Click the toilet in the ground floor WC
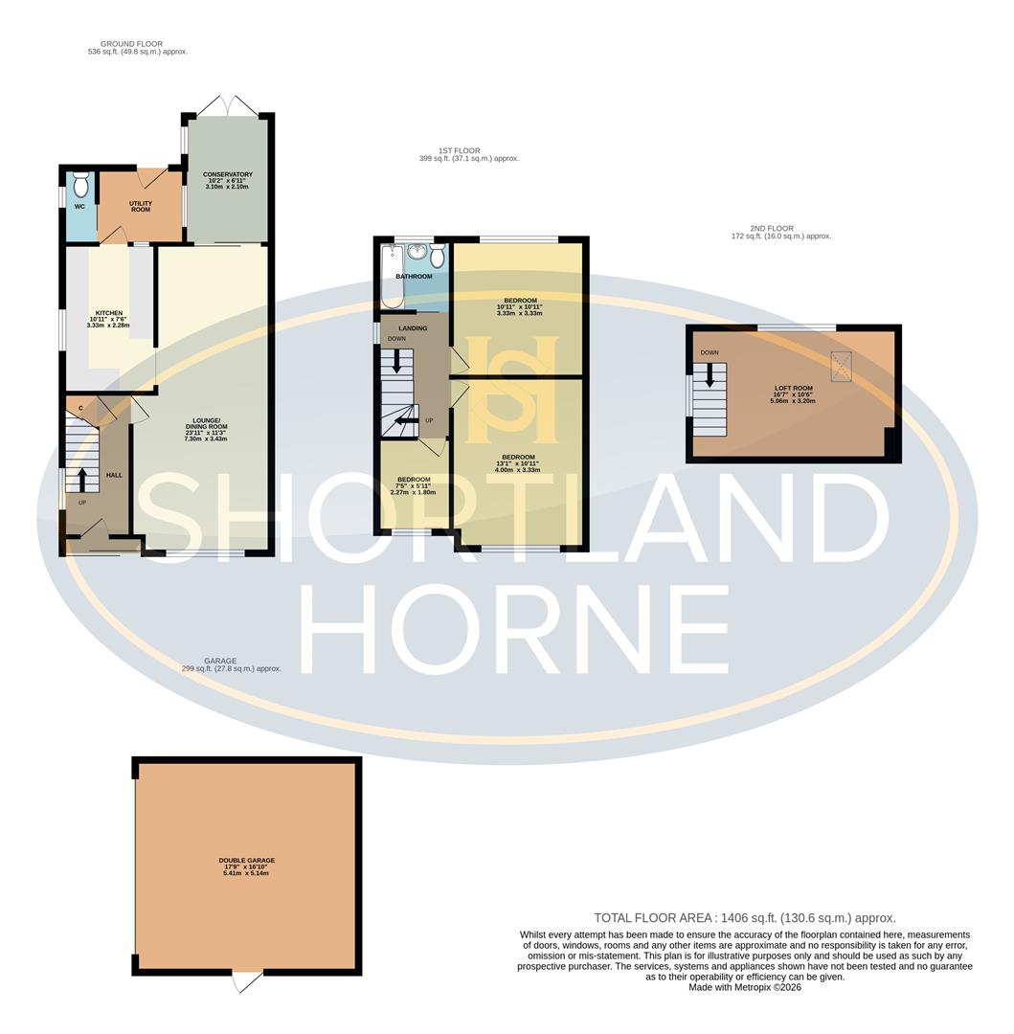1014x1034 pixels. click(81, 182)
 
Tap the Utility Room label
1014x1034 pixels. click(141, 207)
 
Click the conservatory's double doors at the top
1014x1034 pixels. click(227, 106)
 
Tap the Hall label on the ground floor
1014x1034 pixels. click(114, 475)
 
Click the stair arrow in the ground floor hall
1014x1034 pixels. click(81, 478)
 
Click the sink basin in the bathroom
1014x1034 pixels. click(417, 252)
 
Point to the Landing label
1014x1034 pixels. click(413, 328)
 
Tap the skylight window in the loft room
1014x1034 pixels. click(843, 364)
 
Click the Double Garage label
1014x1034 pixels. click(246, 861)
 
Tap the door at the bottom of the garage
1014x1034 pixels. click(247, 981)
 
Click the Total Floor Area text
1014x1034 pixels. click(745, 917)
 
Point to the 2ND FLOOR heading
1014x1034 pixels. click(772, 229)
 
